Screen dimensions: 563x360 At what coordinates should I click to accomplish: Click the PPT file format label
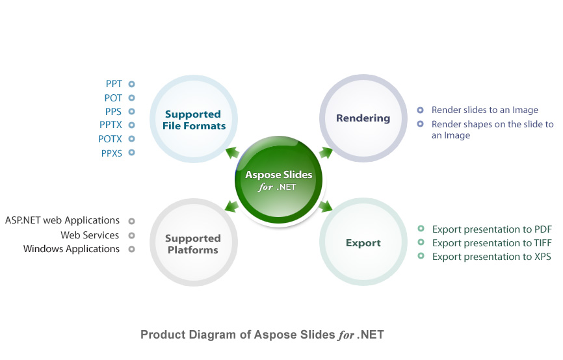point(114,84)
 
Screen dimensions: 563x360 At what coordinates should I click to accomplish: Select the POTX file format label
point(110,139)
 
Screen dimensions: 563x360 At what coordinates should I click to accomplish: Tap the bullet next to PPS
point(132,111)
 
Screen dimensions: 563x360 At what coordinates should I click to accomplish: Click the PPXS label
point(112,153)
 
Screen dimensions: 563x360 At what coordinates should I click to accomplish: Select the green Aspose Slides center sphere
point(279,180)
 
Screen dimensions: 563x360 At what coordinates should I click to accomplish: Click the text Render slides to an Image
point(485,110)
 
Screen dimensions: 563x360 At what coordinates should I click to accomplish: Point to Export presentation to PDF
point(492,229)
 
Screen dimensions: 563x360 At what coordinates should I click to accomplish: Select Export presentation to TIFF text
point(492,243)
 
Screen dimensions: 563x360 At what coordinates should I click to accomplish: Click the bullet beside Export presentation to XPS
point(421,256)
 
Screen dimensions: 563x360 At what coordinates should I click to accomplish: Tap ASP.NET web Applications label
point(62,220)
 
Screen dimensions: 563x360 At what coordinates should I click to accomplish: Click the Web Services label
point(90,235)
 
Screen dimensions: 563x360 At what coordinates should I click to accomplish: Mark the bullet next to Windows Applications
point(132,249)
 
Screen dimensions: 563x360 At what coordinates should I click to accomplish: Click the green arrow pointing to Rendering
point(326,153)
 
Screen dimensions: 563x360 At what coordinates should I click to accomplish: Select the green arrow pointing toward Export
point(325,207)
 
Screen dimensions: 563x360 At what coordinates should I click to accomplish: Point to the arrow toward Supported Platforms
point(232,207)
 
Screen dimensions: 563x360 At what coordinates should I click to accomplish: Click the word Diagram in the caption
point(213,335)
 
